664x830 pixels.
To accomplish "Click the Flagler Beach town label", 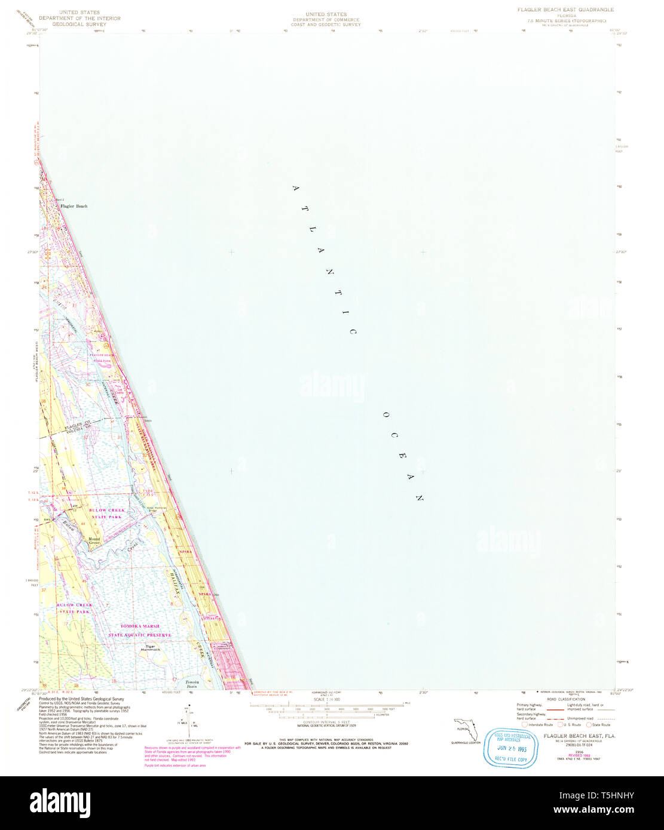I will pos(74,206).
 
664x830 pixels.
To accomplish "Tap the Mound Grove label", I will pos(94,541).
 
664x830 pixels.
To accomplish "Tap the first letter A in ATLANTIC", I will pos(295,188).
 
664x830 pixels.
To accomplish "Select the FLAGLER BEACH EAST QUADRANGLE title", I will pos(565,10).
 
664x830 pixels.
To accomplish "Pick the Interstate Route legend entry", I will pos(537,725).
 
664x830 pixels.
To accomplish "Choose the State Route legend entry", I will pos(598,725).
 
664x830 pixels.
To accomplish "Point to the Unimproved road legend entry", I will pos(579,718).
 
